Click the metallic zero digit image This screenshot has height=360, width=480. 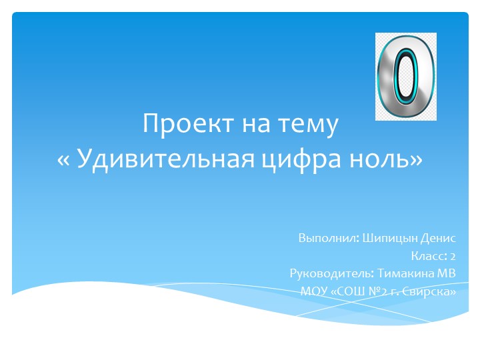[x=405, y=77]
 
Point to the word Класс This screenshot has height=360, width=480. [x=427, y=256]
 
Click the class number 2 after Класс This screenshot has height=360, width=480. [x=453, y=256]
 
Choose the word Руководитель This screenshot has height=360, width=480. [x=331, y=273]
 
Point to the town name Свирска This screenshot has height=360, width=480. [x=430, y=291]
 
